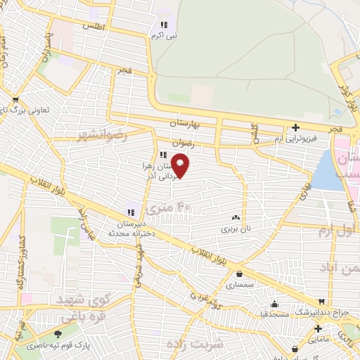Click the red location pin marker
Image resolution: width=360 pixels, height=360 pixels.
pos(181,165)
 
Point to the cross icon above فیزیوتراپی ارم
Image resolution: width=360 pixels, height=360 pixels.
pos(295,127)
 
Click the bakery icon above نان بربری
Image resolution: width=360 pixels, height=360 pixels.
pos(236,218)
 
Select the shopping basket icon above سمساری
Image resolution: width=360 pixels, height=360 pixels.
pos(241,274)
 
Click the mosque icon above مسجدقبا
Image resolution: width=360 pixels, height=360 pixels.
pos(274,304)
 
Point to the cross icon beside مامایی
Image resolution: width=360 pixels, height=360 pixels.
pos(318,328)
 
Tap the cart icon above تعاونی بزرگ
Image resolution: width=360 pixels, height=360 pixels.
pos(15,100)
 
